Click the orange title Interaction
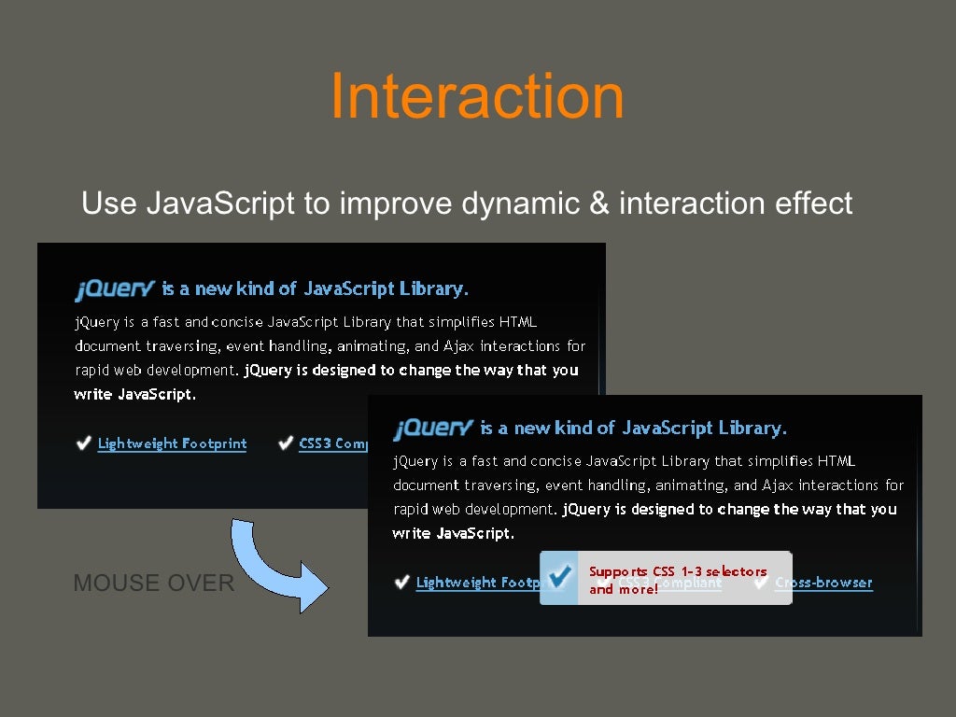[477, 96]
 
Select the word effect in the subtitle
[813, 203]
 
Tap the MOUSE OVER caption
[153, 583]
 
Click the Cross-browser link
[823, 583]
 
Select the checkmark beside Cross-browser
[761, 583]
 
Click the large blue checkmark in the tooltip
[559, 578]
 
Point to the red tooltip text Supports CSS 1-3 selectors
[677, 571]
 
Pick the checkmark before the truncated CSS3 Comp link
[286, 443]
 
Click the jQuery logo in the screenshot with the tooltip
[433, 429]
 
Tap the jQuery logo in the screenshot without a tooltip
[114, 289]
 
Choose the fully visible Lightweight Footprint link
[172, 443]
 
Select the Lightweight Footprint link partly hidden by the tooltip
[477, 583]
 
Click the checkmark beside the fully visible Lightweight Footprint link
[84, 443]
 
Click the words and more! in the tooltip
[624, 590]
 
